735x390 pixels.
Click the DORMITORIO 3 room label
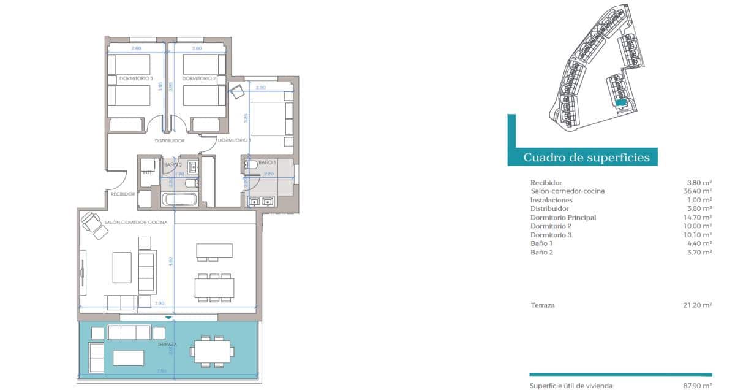point(135,79)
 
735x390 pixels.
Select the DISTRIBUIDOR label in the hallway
point(170,141)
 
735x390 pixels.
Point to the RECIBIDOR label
point(123,194)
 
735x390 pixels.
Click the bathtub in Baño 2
point(179,199)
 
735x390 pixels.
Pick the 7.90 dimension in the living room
point(159,304)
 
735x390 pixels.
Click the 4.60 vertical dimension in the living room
point(171,260)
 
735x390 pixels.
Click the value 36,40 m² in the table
point(699,191)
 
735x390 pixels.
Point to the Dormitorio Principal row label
point(563,218)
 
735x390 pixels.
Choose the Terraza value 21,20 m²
point(699,305)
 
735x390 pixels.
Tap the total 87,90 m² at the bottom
point(699,386)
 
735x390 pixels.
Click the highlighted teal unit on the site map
point(621,104)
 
